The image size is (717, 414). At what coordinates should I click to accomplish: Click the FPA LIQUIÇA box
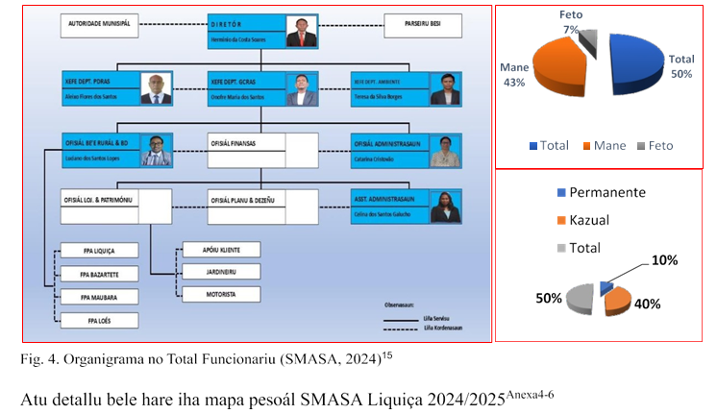point(99,251)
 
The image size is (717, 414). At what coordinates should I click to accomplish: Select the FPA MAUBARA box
point(99,296)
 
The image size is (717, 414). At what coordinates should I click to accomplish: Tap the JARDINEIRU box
point(221,272)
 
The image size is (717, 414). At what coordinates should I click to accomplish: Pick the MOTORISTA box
point(221,294)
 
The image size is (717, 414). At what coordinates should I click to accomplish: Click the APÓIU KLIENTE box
point(221,250)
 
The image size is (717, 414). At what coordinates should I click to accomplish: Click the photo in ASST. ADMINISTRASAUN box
point(448,206)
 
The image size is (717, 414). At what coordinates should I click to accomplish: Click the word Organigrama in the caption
point(96,360)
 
